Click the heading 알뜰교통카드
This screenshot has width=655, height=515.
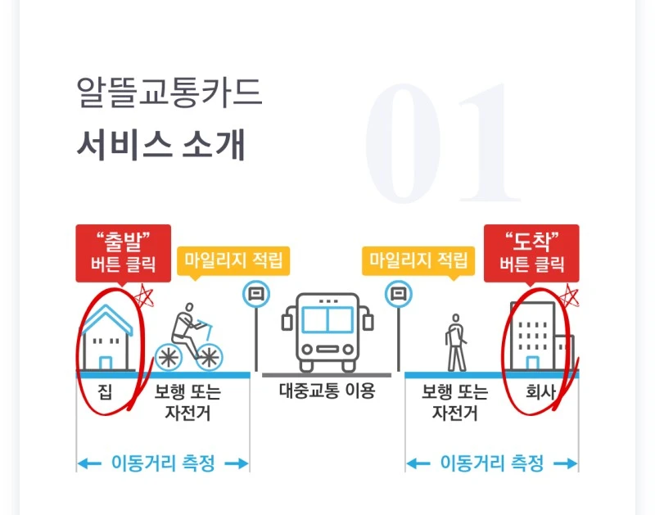pyautogui.click(x=169, y=93)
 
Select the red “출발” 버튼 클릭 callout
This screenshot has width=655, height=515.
pyautogui.click(x=123, y=252)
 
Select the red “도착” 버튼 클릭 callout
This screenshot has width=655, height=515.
pyautogui.click(x=531, y=252)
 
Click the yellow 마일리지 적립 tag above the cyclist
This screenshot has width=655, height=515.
pyautogui.click(x=233, y=261)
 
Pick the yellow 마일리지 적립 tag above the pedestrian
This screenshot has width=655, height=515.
pyautogui.click(x=419, y=261)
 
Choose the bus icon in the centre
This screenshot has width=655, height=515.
pyautogui.click(x=327, y=332)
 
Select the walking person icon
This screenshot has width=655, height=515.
pyautogui.click(x=455, y=341)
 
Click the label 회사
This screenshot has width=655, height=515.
pyautogui.click(x=540, y=392)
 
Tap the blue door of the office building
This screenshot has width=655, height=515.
pyautogui.click(x=532, y=363)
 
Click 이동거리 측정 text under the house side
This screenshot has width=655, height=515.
pyautogui.click(x=163, y=463)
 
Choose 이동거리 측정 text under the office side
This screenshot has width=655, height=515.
pyautogui.click(x=492, y=463)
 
